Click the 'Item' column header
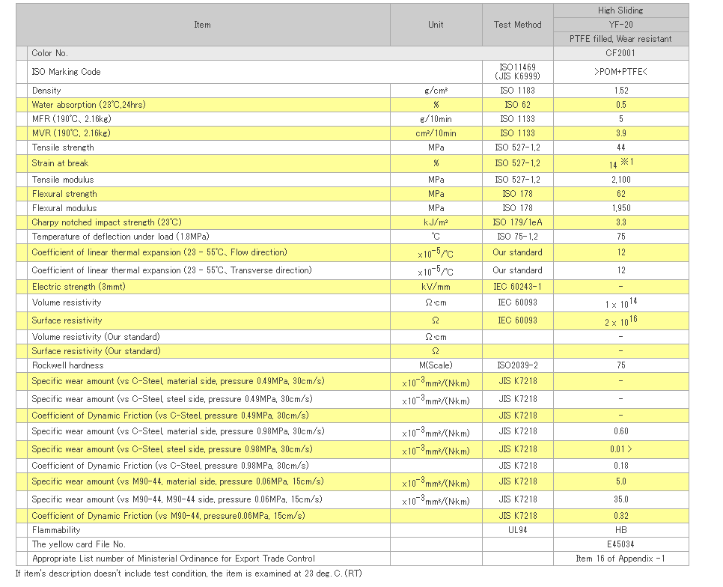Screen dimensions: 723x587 point(202,25)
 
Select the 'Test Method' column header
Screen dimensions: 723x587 point(517,25)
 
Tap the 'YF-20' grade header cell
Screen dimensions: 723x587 point(620,25)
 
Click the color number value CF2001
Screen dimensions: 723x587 point(620,53)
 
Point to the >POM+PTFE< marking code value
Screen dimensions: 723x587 point(620,72)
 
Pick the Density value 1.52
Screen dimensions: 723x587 point(621,91)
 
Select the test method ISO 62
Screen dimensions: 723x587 point(517,105)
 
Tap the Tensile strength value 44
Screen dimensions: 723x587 point(621,147)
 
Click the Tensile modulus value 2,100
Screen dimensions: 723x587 point(621,180)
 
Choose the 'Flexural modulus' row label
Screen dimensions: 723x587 point(64,208)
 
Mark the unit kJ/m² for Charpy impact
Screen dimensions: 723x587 point(436,222)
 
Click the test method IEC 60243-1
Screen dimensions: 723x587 point(517,287)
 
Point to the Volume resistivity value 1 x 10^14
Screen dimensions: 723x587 point(621,303)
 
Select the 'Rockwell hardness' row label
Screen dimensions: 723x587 point(68,365)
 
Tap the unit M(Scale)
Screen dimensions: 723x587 point(436,365)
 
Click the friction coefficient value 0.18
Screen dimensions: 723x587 point(621,466)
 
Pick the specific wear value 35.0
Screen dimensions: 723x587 point(621,499)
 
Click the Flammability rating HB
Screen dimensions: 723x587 point(621,530)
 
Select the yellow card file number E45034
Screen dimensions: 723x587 point(620,544)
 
